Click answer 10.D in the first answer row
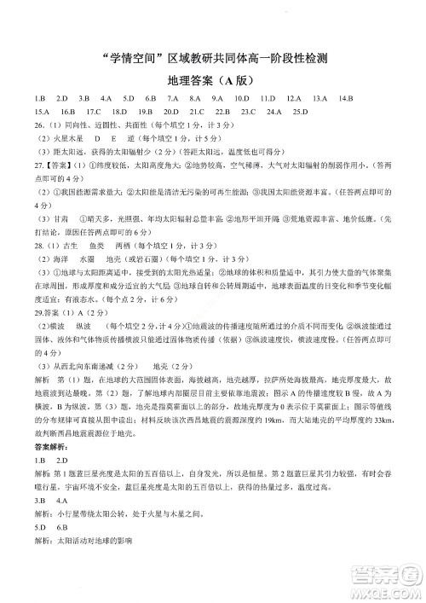pos(240,99)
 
